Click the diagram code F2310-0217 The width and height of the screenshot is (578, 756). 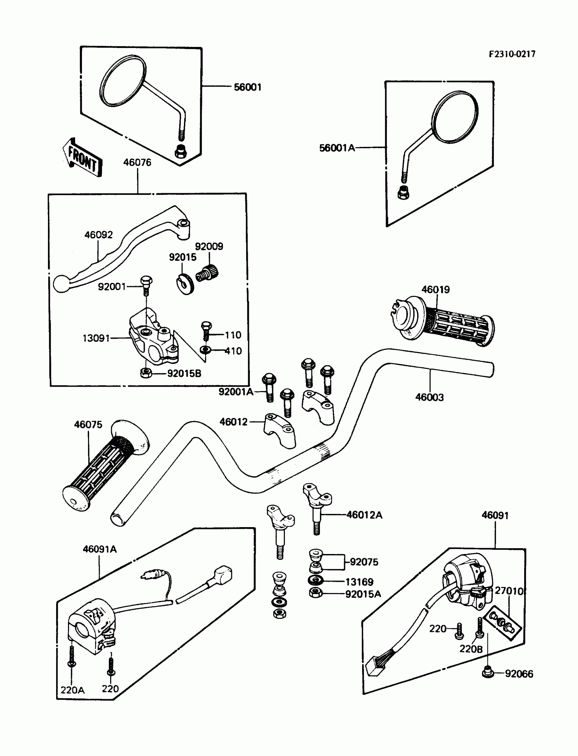click(x=512, y=54)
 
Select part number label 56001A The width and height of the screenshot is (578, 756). click(x=337, y=148)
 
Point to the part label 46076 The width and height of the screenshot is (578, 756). click(x=137, y=163)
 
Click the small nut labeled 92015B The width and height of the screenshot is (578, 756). click(x=146, y=373)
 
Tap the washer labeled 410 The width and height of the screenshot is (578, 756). click(x=206, y=350)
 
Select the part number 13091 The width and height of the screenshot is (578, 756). click(x=96, y=338)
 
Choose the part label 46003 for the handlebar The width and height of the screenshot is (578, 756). click(x=429, y=397)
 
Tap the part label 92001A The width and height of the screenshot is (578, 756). click(x=236, y=391)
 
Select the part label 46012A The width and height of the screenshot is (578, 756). click(x=364, y=515)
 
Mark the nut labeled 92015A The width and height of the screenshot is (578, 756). click(x=315, y=593)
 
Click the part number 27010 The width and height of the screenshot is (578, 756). click(x=509, y=591)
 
